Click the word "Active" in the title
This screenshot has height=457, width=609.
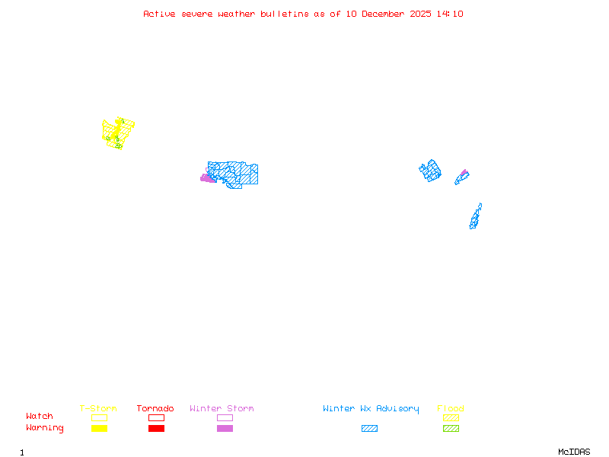click(x=160, y=14)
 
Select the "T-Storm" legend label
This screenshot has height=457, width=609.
click(x=98, y=408)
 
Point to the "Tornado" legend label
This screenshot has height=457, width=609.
click(x=155, y=408)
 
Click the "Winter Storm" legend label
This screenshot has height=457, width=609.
click(x=222, y=408)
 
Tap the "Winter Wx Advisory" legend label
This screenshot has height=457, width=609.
click(x=371, y=408)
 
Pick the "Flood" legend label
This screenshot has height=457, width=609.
click(x=451, y=408)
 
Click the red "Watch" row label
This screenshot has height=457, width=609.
click(x=40, y=417)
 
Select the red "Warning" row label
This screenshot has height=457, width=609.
click(x=44, y=428)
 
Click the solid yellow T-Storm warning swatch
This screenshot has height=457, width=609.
click(x=99, y=428)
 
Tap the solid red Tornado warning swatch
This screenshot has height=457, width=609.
click(x=156, y=428)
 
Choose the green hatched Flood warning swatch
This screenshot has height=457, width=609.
click(x=451, y=428)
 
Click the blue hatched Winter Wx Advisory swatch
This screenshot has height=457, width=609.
click(x=369, y=428)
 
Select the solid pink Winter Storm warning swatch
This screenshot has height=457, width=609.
click(x=225, y=428)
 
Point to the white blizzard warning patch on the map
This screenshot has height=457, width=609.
click(x=482, y=207)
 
